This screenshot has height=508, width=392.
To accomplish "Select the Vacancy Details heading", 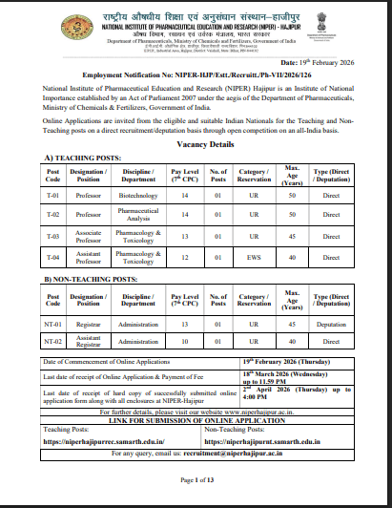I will tap(197, 143).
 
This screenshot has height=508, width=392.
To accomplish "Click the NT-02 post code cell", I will tap(53, 341).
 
